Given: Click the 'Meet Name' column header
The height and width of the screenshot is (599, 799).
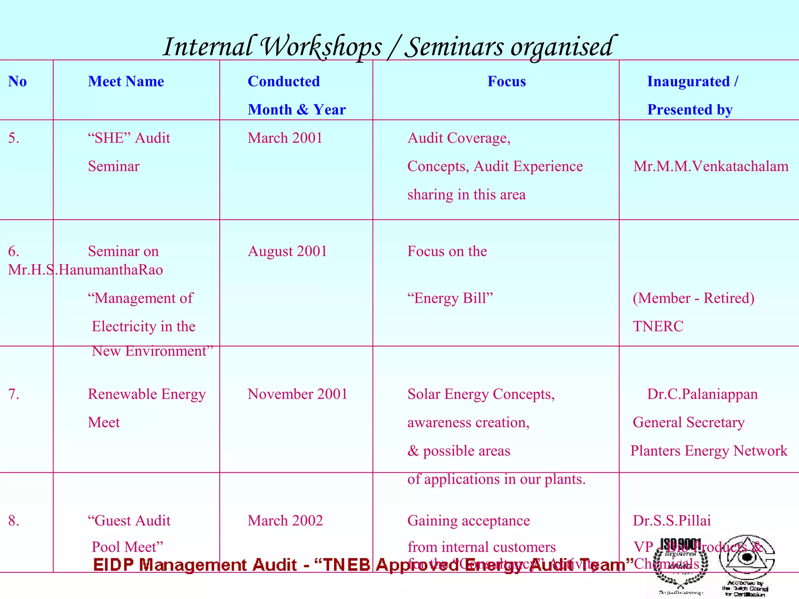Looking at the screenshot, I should click(126, 82).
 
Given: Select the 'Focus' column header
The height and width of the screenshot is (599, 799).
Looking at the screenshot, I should click(506, 82).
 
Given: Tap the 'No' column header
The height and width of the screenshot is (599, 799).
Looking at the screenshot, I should click(18, 82).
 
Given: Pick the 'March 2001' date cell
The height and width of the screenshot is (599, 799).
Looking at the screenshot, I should click(285, 138).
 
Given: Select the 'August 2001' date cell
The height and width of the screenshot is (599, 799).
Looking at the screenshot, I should click(287, 251).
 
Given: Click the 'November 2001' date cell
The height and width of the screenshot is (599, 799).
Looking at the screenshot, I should click(297, 394).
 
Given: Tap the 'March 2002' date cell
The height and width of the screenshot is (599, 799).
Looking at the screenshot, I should click(285, 521).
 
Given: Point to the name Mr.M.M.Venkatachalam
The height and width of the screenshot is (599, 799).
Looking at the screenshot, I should click(711, 167).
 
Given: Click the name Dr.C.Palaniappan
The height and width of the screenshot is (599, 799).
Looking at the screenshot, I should click(702, 394).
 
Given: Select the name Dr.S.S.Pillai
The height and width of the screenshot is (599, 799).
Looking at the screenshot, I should click(671, 521).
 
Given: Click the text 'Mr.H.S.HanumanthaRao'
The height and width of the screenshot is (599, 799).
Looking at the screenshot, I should click(85, 270).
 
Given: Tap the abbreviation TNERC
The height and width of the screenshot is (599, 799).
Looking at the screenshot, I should click(658, 326).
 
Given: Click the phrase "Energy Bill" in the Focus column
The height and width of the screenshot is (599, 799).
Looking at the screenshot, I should click(450, 298).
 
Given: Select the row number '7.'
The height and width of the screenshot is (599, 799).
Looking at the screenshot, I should click(14, 394).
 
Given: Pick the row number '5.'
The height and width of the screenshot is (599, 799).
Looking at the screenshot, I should click(14, 138).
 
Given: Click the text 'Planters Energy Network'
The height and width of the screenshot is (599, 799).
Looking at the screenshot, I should click(709, 451).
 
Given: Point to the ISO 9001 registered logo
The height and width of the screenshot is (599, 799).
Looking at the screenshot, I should click(680, 565).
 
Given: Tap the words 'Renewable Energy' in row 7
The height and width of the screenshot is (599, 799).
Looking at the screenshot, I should click(147, 394).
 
